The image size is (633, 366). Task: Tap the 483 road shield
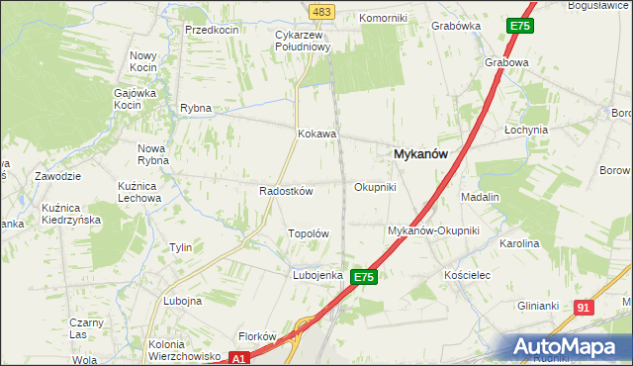pyautogui.click(x=322, y=11)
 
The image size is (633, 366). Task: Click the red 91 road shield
pyautogui.click(x=583, y=308)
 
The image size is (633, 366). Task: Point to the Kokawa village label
pyautogui.click(x=317, y=134)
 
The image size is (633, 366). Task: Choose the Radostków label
pyautogui.click(x=286, y=191)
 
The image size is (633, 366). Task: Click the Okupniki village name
pyautogui.click(x=375, y=186)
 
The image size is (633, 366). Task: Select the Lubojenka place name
pyautogui.click(x=316, y=275)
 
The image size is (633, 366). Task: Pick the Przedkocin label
pyautogui.click(x=212, y=30)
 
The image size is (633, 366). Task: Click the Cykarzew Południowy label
pyautogui.click(x=301, y=41)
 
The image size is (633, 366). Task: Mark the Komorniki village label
pyautogui.click(x=383, y=18)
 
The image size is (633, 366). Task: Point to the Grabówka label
pyautogui.click(x=456, y=27)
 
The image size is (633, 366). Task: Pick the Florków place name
pyautogui.click(x=255, y=336)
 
